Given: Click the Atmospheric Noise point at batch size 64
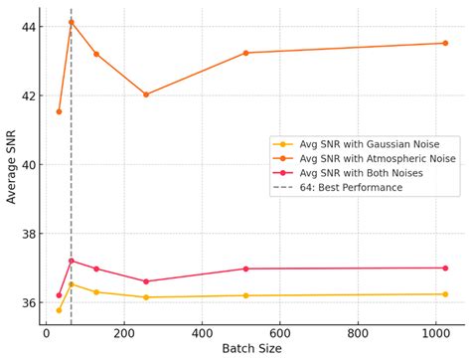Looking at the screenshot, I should (72, 22).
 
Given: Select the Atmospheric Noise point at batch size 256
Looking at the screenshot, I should (146, 94).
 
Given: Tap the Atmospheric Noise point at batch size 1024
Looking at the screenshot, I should (445, 43).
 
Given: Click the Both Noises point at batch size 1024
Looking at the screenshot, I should (445, 268).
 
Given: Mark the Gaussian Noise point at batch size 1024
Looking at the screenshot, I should (445, 294).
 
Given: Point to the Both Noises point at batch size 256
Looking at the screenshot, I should (146, 281).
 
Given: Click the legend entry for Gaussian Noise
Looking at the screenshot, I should (368, 144).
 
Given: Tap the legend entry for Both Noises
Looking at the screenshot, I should (364, 172).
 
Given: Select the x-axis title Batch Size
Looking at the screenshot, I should (244, 349).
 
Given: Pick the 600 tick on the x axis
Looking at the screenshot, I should (280, 333).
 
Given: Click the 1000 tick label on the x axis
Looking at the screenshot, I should (435, 333).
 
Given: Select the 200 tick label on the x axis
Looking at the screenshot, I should (124, 333).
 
